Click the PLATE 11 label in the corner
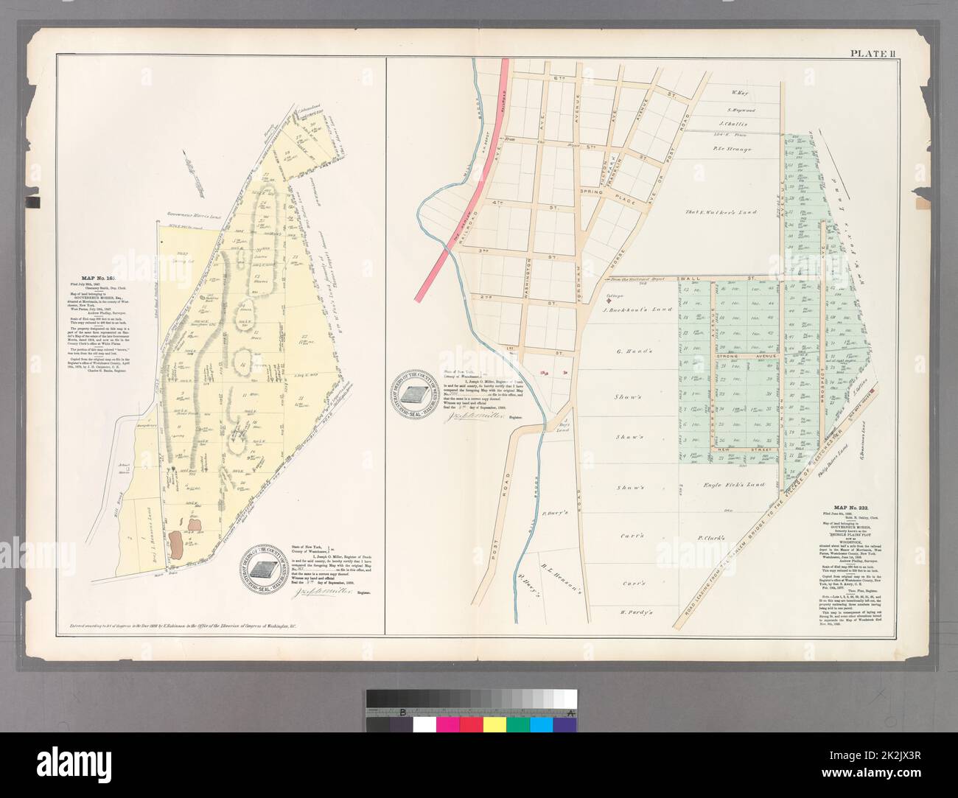coord(873,53)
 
